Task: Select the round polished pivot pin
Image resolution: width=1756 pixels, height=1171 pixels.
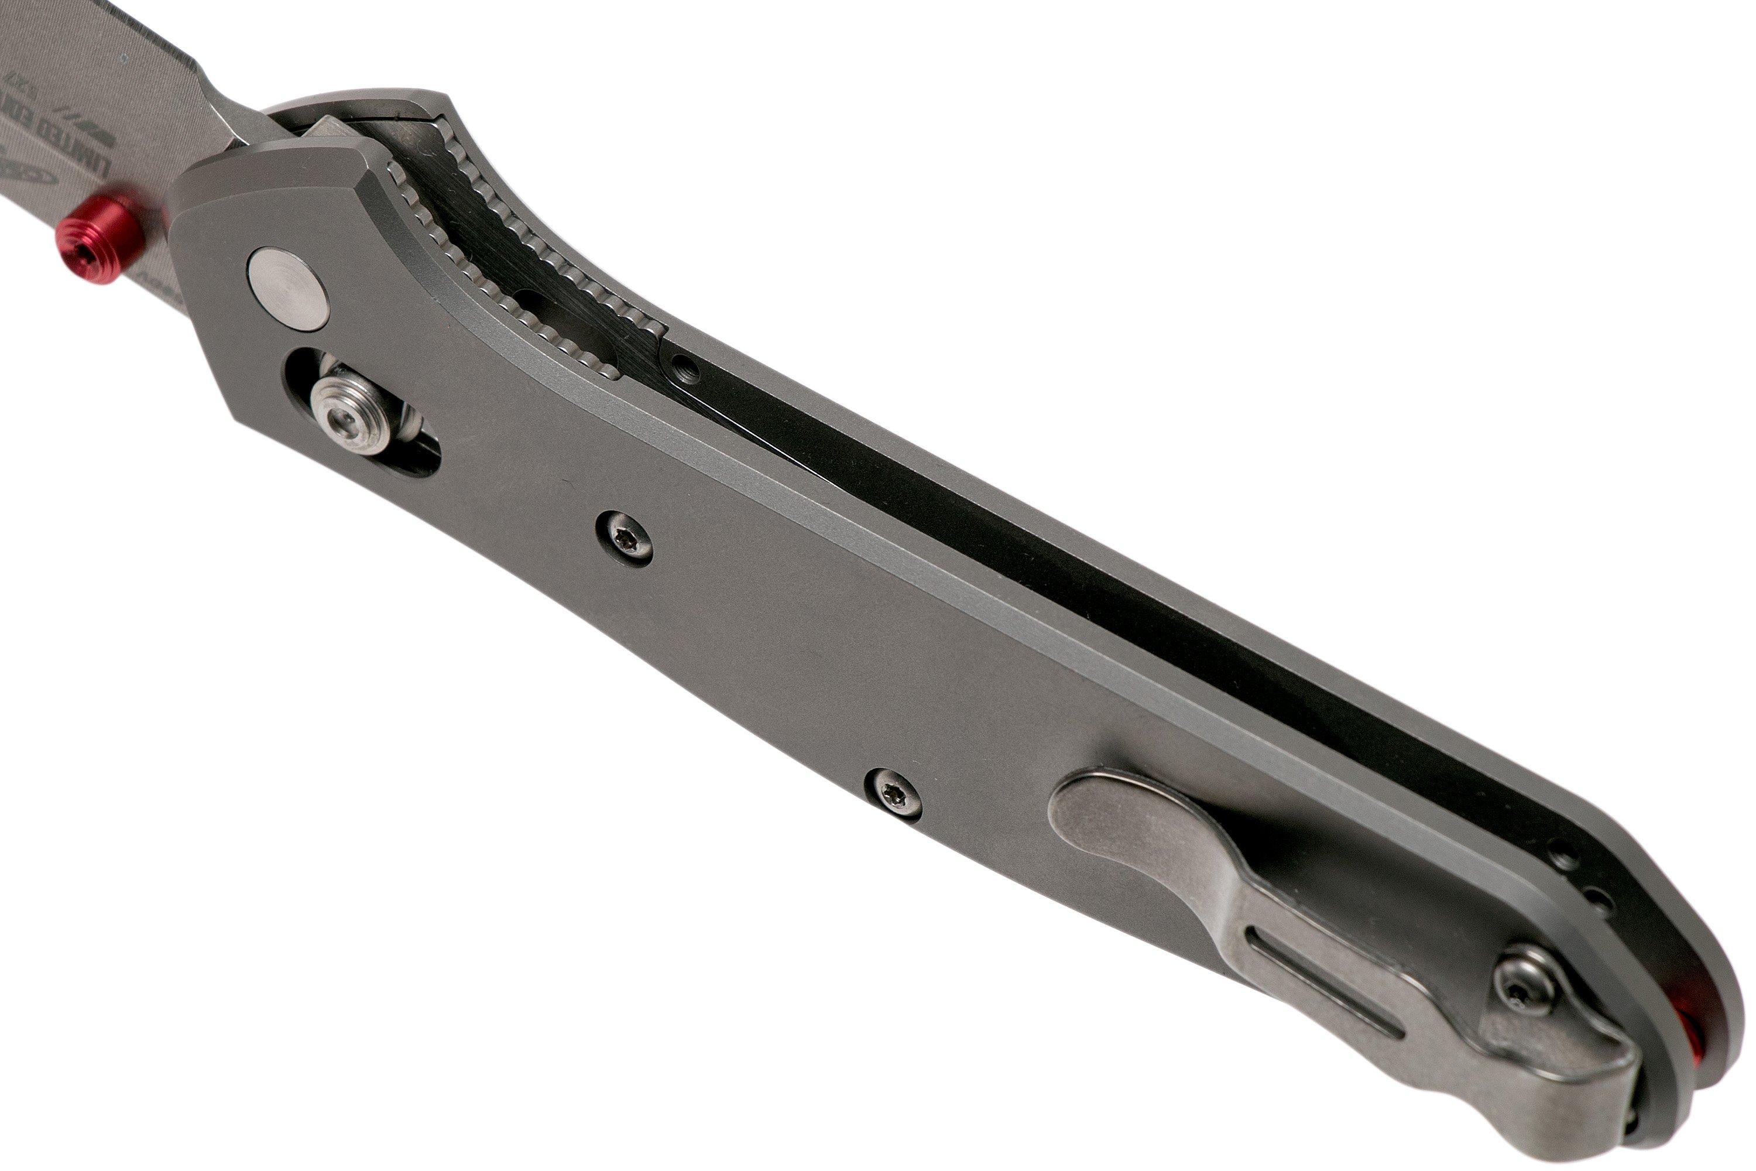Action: click(x=289, y=287)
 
